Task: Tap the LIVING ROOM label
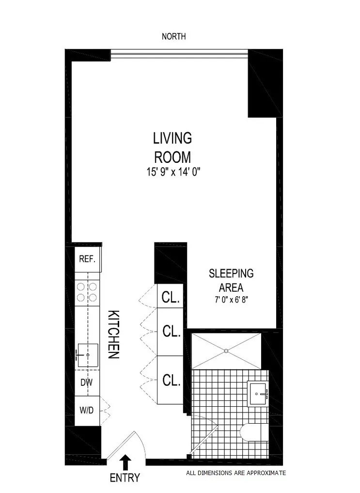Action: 172,147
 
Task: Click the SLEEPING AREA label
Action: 231,280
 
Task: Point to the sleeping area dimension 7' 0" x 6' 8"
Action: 231,299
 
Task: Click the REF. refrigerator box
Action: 87,258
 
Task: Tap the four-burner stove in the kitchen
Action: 87,292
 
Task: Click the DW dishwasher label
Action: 87,382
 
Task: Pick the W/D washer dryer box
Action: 87,411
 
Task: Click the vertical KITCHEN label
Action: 113,334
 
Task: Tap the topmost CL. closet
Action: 170,297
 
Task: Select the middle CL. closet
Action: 170,332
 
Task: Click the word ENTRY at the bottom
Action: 125,478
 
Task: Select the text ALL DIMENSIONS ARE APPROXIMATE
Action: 236,473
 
